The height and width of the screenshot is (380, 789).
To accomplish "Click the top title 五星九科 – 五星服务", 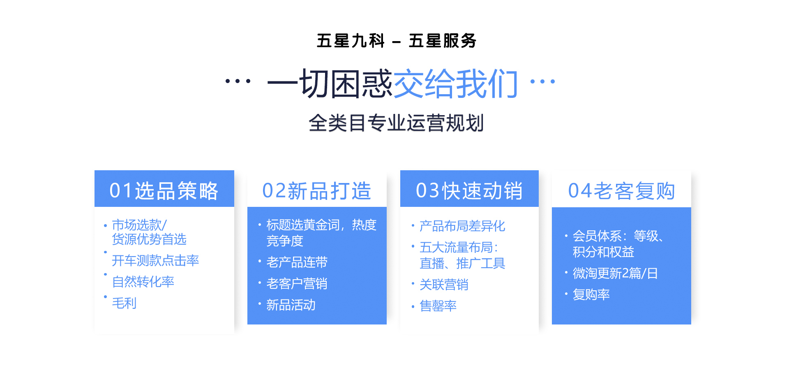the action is [x=397, y=41].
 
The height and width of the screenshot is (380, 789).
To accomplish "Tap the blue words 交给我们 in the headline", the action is [x=455, y=83].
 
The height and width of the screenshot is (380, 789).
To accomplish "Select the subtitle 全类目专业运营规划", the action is [x=396, y=123].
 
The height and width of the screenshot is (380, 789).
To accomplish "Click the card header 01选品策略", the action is [x=164, y=191].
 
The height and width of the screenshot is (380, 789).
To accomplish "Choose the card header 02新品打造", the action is [x=317, y=191].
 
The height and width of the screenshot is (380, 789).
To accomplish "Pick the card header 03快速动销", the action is [x=469, y=191].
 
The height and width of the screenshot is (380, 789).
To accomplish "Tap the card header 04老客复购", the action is [x=621, y=191].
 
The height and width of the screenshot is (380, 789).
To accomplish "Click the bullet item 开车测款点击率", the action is [x=155, y=260].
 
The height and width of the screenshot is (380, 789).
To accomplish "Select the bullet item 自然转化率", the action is [x=143, y=282].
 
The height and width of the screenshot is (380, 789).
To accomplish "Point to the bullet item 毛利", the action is [x=124, y=303].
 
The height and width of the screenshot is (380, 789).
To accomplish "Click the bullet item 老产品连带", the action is [x=297, y=262].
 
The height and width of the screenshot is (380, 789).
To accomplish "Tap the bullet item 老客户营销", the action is [x=297, y=283].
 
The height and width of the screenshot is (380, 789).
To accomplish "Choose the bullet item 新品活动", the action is [x=291, y=305].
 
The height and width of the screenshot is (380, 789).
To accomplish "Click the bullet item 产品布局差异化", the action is [x=462, y=226].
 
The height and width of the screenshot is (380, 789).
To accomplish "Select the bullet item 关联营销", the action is [x=444, y=285].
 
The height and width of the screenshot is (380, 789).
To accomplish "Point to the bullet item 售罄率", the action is [x=438, y=306].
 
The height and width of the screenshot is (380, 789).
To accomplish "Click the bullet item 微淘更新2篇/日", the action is [x=615, y=273].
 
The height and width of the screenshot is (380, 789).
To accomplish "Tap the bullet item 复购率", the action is [x=591, y=294].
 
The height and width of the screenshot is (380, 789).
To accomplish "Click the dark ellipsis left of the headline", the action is [x=238, y=81].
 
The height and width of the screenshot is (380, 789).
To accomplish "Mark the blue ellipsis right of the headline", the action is [x=542, y=81].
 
